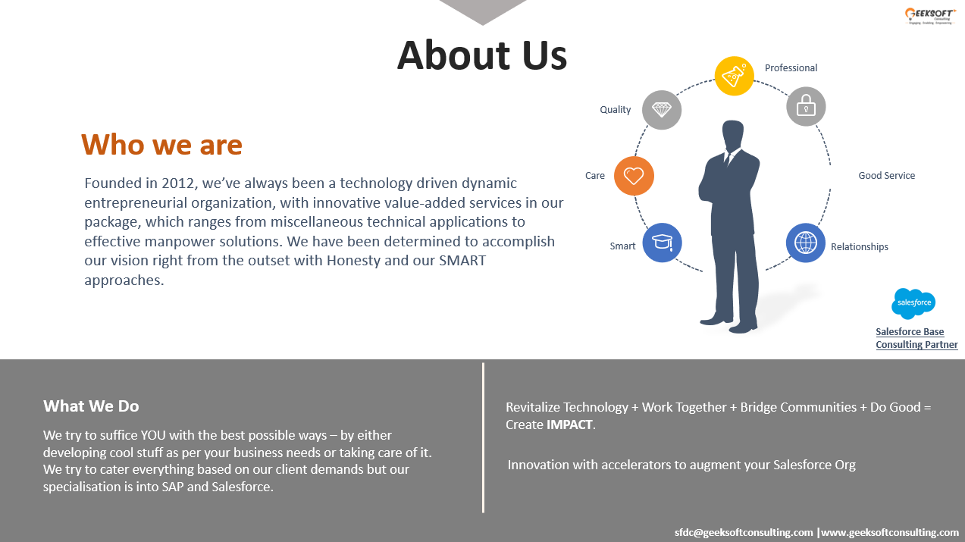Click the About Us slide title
482,55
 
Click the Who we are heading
161,144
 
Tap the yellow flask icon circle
734,75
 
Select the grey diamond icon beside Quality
662,110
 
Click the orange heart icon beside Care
634,176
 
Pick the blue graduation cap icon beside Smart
663,243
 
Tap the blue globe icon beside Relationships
805,243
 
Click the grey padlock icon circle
806,106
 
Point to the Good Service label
886,175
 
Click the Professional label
791,67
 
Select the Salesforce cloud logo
913,303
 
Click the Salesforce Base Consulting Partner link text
916,338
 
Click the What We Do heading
91,406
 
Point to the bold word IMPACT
570,425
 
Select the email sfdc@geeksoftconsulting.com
744,532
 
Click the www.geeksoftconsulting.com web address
890,532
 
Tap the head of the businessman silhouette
732,136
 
